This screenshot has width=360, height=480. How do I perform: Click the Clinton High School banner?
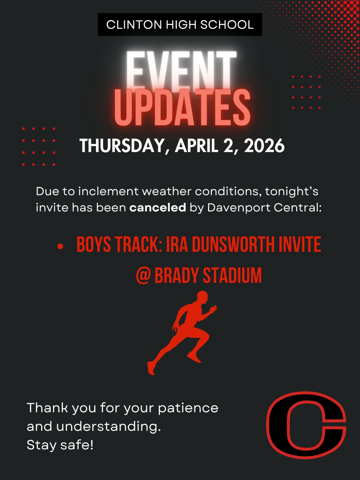pyautogui.click(x=180, y=25)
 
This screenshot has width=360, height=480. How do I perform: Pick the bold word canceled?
pyautogui.click(x=157, y=207)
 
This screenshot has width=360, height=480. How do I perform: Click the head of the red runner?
pyautogui.click(x=202, y=297)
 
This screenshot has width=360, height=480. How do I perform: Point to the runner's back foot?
pyautogui.click(x=150, y=368)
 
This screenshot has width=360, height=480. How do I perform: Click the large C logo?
pyautogui.click(x=306, y=425)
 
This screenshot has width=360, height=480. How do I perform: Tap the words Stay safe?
pyautogui.click(x=60, y=445)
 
